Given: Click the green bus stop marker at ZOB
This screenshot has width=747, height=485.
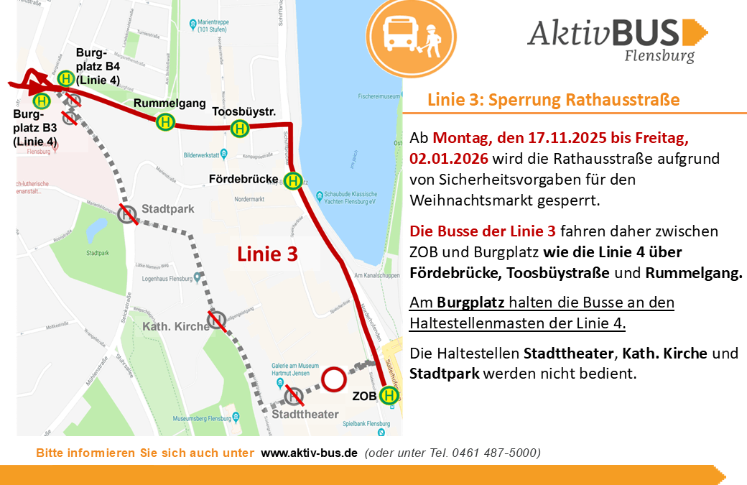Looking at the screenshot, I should coord(389,395).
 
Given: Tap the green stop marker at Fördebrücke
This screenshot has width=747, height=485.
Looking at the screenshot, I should coord(292,181).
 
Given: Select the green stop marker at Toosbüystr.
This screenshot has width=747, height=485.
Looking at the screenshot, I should coord(239,129).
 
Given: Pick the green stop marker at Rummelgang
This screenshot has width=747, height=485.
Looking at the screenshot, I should coord(166,122).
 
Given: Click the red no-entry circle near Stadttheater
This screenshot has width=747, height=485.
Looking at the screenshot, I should coord(334,379).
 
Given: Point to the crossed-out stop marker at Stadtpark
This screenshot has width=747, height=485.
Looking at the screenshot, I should coord(128,213).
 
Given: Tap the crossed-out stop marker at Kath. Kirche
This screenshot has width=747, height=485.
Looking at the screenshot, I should coord(217,320).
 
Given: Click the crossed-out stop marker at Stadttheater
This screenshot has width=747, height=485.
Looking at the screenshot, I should coord(293,394).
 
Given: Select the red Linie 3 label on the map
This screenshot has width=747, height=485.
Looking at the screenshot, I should coord(267,253).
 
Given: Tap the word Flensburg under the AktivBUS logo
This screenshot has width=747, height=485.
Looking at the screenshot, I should coord(659,55).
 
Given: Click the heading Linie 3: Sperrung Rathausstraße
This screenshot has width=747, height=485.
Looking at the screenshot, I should coord(553,99).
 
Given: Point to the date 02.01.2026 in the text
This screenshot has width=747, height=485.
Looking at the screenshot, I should coord(449,158).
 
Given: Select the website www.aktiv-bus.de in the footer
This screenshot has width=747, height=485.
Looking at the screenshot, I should coord(309,453).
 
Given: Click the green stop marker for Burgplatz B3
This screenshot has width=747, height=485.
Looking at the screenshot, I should coord(42,102).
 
